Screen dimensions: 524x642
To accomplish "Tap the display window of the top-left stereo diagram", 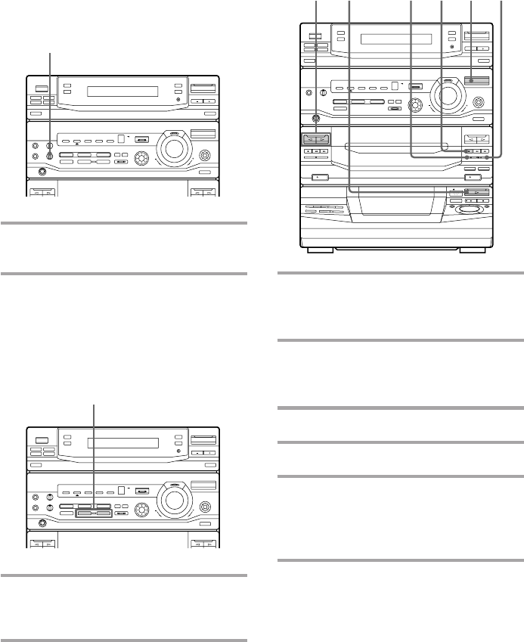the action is (122, 92).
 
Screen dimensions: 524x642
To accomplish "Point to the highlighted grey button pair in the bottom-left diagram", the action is (92, 514).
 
